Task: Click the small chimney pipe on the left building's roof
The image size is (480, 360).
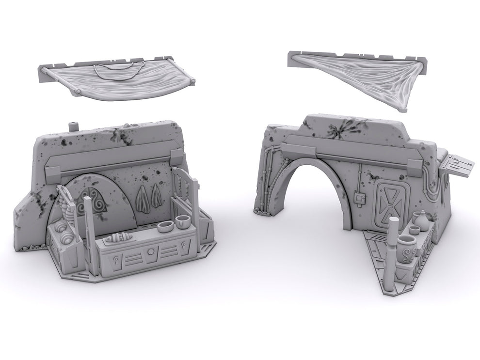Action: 74,126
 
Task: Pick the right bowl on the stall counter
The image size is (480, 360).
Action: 182,221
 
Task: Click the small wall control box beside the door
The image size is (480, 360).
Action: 359,197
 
